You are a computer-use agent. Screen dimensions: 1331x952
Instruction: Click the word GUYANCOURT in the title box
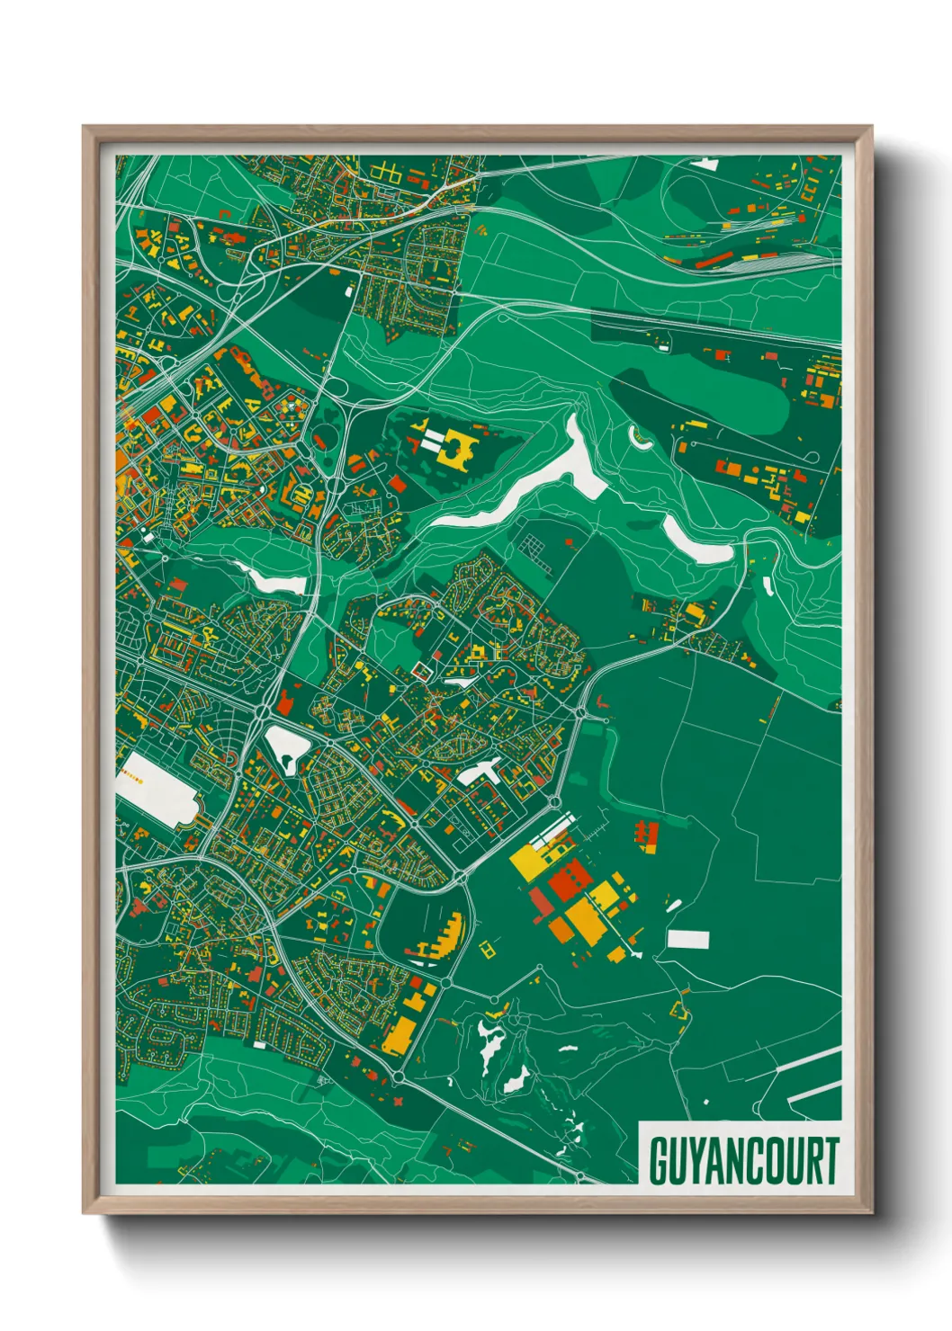(x=743, y=1160)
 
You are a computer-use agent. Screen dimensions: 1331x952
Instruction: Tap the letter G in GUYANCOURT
(x=658, y=1160)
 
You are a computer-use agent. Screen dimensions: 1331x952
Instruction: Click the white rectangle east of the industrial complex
(x=687, y=940)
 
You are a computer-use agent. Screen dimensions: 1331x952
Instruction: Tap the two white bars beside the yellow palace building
(x=435, y=441)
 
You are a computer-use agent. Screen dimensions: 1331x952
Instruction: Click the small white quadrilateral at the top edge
(x=705, y=164)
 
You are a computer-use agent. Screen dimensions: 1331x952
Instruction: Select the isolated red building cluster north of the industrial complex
(x=645, y=835)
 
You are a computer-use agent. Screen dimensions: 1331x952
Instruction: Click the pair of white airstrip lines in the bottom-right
(x=814, y=1094)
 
